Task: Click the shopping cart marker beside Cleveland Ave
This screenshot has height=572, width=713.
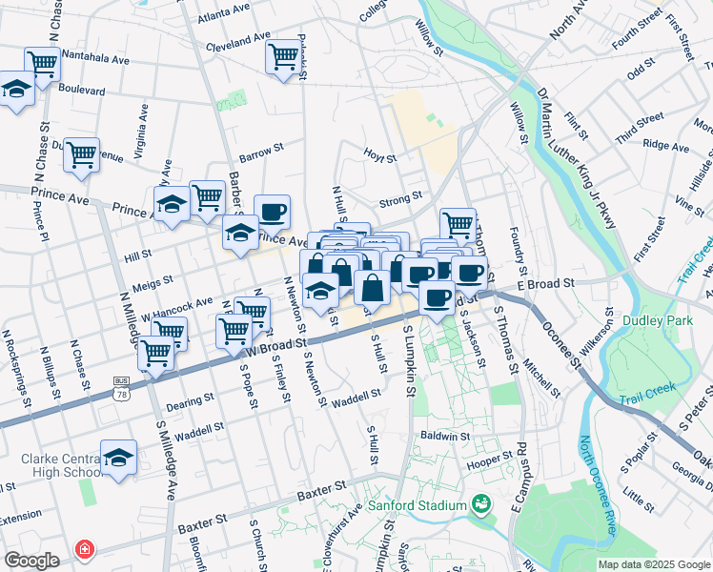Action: tap(283, 56)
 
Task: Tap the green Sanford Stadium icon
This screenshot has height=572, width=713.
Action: tap(481, 503)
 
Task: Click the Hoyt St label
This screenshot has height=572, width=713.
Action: tap(379, 154)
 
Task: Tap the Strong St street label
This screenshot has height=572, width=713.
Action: tap(400, 198)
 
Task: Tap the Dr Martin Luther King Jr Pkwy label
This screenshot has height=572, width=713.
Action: tap(579, 162)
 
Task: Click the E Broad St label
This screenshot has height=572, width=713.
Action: tap(548, 283)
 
